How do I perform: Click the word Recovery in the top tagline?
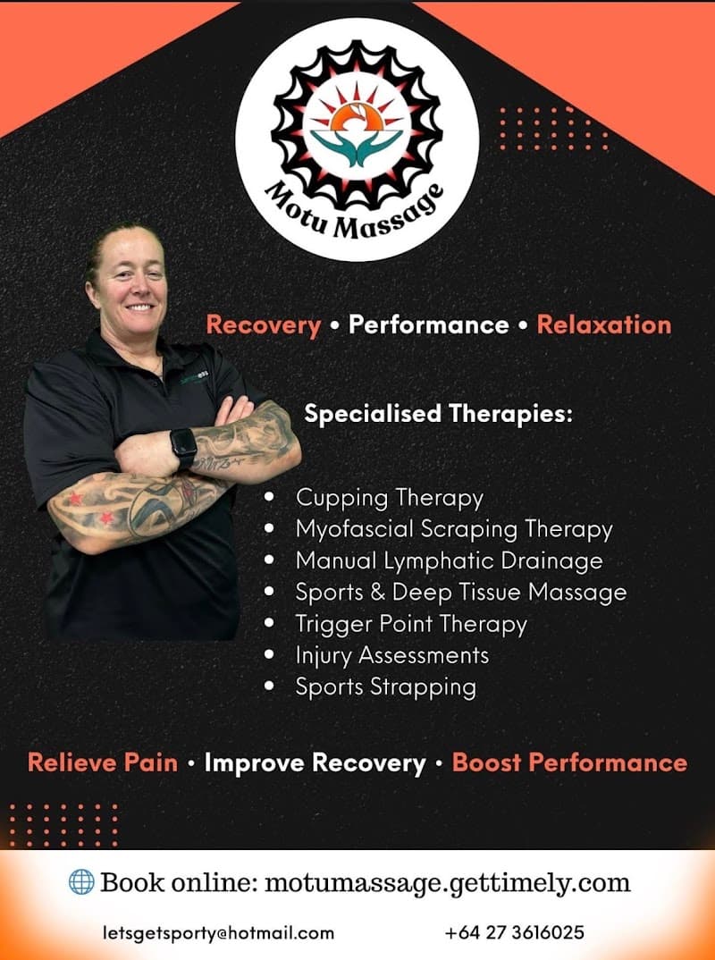[x=263, y=324]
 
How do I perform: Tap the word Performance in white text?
[x=428, y=324]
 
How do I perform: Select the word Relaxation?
[x=603, y=324]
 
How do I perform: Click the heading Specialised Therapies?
[x=438, y=414]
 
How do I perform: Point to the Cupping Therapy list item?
[x=389, y=497]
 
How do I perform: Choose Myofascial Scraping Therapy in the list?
[x=454, y=529]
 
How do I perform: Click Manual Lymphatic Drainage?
[x=449, y=560]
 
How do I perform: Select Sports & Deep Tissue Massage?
[x=461, y=592]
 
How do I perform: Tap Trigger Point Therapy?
[x=411, y=624]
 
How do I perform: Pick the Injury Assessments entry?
[x=392, y=655]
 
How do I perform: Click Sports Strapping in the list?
[x=385, y=686]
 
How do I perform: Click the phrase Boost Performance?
[x=569, y=762]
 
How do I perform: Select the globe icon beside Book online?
[x=81, y=882]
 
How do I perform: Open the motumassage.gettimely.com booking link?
[x=447, y=883]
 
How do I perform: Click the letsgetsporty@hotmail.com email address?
[x=218, y=933]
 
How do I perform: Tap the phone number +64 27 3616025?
[x=514, y=933]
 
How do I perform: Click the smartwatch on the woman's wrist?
[x=183, y=444]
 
